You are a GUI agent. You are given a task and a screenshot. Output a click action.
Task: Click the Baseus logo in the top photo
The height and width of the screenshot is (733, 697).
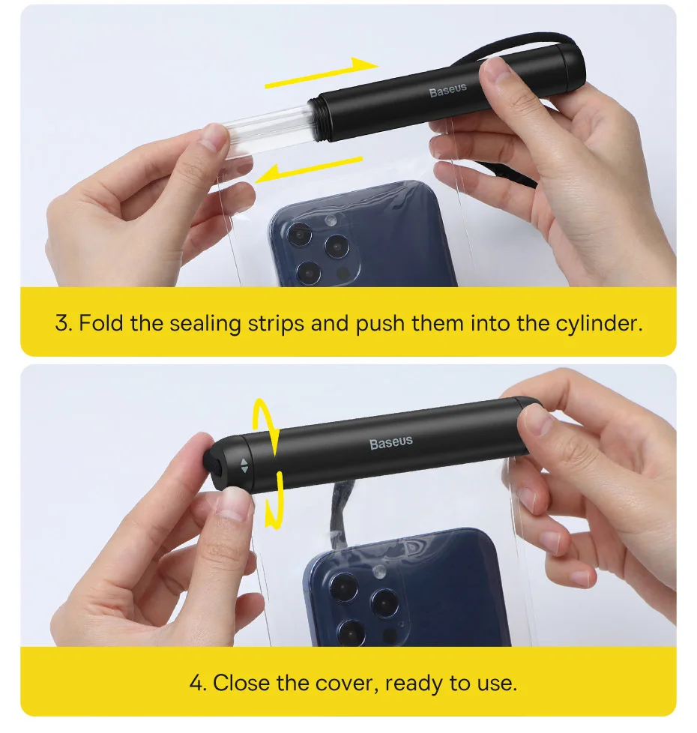448,90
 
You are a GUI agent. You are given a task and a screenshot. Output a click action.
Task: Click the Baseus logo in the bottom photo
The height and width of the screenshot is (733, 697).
391,442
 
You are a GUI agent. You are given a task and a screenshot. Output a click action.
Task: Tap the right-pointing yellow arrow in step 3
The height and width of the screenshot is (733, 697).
322,73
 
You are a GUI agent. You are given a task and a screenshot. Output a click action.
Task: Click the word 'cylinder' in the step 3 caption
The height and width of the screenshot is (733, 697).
599,324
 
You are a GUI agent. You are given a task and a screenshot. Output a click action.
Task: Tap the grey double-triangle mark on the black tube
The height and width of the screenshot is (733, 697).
244,465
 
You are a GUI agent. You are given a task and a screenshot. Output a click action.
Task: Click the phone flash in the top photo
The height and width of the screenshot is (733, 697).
331,220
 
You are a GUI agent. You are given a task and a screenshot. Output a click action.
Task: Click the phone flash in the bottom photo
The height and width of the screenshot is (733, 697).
379,570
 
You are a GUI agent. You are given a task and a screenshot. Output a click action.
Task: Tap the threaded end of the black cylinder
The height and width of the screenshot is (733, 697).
318,120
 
